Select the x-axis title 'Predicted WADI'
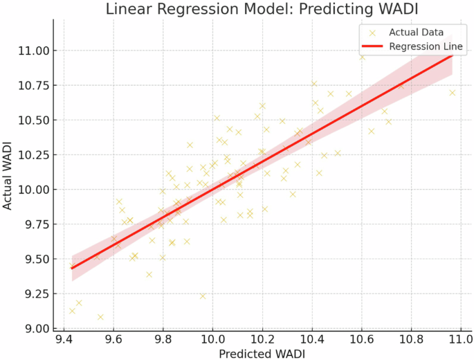pyautogui.click(x=262, y=353)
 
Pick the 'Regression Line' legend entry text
pyautogui.click(x=426, y=47)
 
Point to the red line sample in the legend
pyautogui.click(x=373, y=47)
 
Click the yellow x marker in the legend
pyautogui.click(x=373, y=33)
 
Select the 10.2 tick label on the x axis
pyautogui.click(x=262, y=340)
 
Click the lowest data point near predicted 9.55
pyautogui.click(x=100, y=317)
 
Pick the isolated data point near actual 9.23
pyautogui.click(x=203, y=296)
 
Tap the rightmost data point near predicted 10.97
pyautogui.click(x=453, y=93)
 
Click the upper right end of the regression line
pyautogui.click(x=452, y=53)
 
